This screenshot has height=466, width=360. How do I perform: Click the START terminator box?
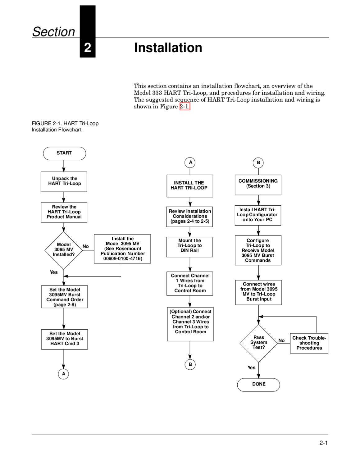64,153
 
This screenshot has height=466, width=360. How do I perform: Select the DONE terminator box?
258,385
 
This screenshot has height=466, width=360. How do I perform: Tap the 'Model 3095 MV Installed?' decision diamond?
64,250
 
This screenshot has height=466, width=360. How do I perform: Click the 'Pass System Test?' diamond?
258,343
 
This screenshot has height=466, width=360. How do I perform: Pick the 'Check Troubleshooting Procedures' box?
309,343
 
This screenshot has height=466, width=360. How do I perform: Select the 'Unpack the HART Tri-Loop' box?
64,181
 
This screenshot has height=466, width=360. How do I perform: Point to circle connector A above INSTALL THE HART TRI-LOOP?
190,162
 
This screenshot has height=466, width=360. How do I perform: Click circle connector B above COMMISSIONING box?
258,163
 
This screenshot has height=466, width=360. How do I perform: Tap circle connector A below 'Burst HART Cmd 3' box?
63,374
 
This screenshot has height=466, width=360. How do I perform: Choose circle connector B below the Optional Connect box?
190,364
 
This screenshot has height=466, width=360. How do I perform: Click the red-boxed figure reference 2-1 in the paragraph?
185,107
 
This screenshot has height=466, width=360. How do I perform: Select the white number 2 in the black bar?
88,48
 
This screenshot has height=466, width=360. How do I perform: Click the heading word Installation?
168,48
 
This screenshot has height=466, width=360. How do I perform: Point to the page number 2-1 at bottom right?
323,443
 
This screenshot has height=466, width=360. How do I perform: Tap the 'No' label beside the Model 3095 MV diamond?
86,246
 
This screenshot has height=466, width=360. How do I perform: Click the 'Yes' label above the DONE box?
251,368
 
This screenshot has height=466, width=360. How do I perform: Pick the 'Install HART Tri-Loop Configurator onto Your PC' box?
258,215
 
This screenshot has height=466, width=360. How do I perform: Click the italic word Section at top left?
54,32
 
